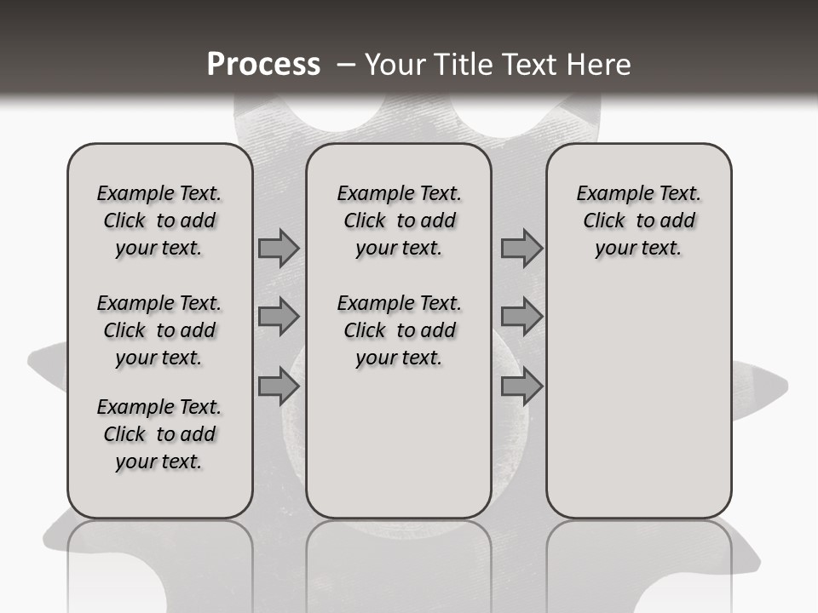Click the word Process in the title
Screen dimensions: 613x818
click(x=263, y=65)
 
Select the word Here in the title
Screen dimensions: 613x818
click(x=599, y=65)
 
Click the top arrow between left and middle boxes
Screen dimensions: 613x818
click(x=279, y=249)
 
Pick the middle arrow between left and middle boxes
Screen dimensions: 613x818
click(x=279, y=317)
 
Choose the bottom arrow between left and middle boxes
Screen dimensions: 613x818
click(x=279, y=387)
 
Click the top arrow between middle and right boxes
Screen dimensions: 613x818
click(x=521, y=249)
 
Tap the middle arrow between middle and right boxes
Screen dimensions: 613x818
click(x=521, y=317)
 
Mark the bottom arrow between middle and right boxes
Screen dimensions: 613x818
click(x=521, y=387)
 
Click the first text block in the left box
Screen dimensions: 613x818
click(x=159, y=221)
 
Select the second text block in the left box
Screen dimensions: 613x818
click(x=159, y=330)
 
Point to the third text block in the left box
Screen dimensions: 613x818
click(x=159, y=434)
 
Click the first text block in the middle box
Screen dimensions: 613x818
click(x=399, y=221)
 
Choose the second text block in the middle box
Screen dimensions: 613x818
click(x=399, y=330)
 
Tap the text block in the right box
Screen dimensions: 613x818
click(x=638, y=221)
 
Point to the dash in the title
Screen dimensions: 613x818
click(x=346, y=65)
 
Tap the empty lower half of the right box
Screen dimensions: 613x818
click(x=638, y=409)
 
